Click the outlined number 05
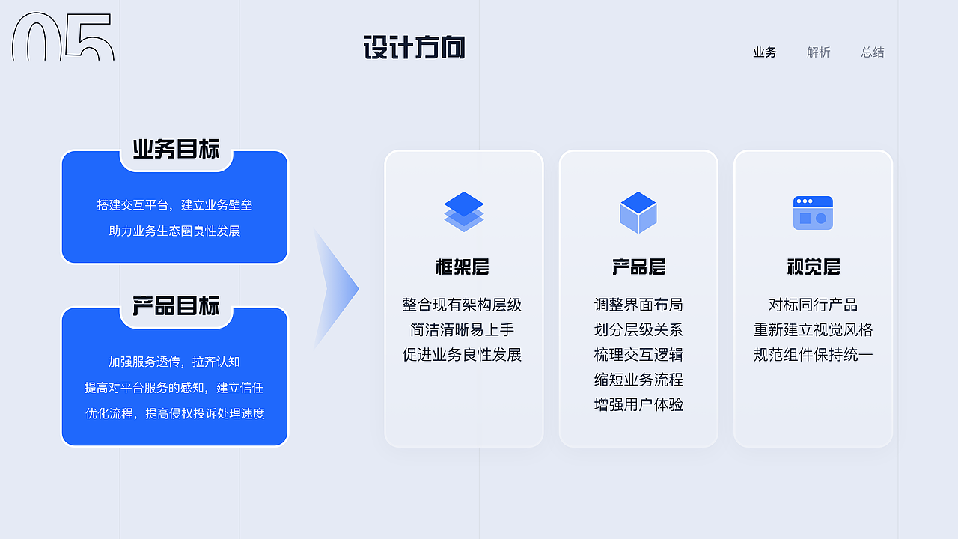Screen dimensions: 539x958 (x=63, y=37)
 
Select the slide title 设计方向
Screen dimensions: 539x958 (x=414, y=48)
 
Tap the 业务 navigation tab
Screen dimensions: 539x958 (x=765, y=52)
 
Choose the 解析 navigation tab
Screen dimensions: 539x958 (x=819, y=52)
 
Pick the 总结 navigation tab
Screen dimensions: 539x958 (x=873, y=52)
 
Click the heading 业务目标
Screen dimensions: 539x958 (x=177, y=150)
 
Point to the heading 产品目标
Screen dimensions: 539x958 (x=177, y=306)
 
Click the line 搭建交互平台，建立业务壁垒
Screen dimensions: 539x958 (x=174, y=205)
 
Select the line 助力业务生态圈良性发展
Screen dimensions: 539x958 (x=174, y=231)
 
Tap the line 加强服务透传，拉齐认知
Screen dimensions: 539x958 (x=174, y=362)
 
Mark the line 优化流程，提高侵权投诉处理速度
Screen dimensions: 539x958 (x=174, y=414)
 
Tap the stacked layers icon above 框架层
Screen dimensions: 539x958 (x=464, y=211)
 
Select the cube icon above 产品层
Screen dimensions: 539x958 (x=638, y=212)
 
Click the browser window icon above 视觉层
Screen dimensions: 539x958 (x=813, y=213)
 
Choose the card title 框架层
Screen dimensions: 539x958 (x=463, y=267)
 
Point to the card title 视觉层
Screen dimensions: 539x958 (x=814, y=267)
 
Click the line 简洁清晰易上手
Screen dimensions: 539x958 (x=463, y=330)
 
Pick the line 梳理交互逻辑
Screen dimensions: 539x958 (x=638, y=355)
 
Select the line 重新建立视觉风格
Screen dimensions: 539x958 (x=814, y=330)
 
